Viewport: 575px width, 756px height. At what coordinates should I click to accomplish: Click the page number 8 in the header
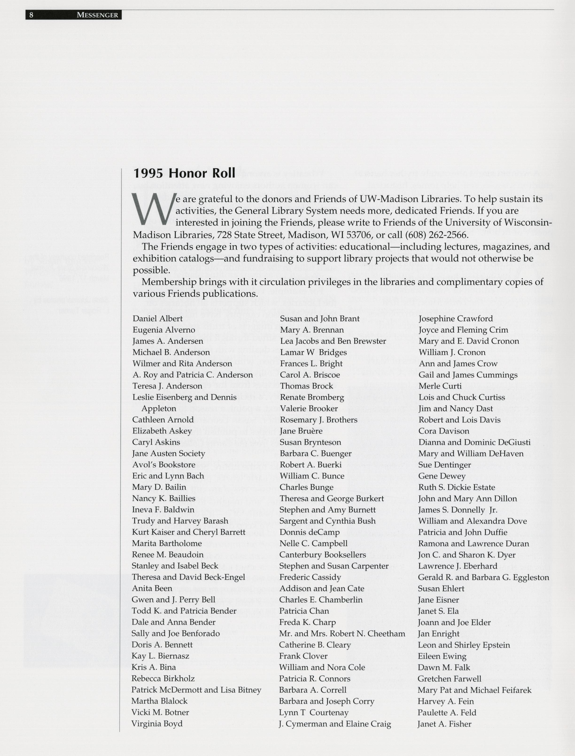coord(31,15)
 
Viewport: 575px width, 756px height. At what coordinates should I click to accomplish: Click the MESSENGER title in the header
coord(97,15)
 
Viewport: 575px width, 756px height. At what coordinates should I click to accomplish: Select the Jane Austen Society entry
coord(168,454)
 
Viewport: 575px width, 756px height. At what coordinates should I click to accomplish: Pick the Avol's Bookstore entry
coord(164,465)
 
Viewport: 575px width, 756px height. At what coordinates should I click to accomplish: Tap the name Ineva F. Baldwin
coord(163,510)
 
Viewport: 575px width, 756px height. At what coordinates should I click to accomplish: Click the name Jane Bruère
coord(301,431)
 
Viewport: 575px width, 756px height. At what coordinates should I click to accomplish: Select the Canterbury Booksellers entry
coord(322,554)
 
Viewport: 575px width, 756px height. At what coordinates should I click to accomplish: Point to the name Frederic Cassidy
coord(310,577)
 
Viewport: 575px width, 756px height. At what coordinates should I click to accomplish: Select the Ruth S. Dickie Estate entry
coord(457,487)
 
